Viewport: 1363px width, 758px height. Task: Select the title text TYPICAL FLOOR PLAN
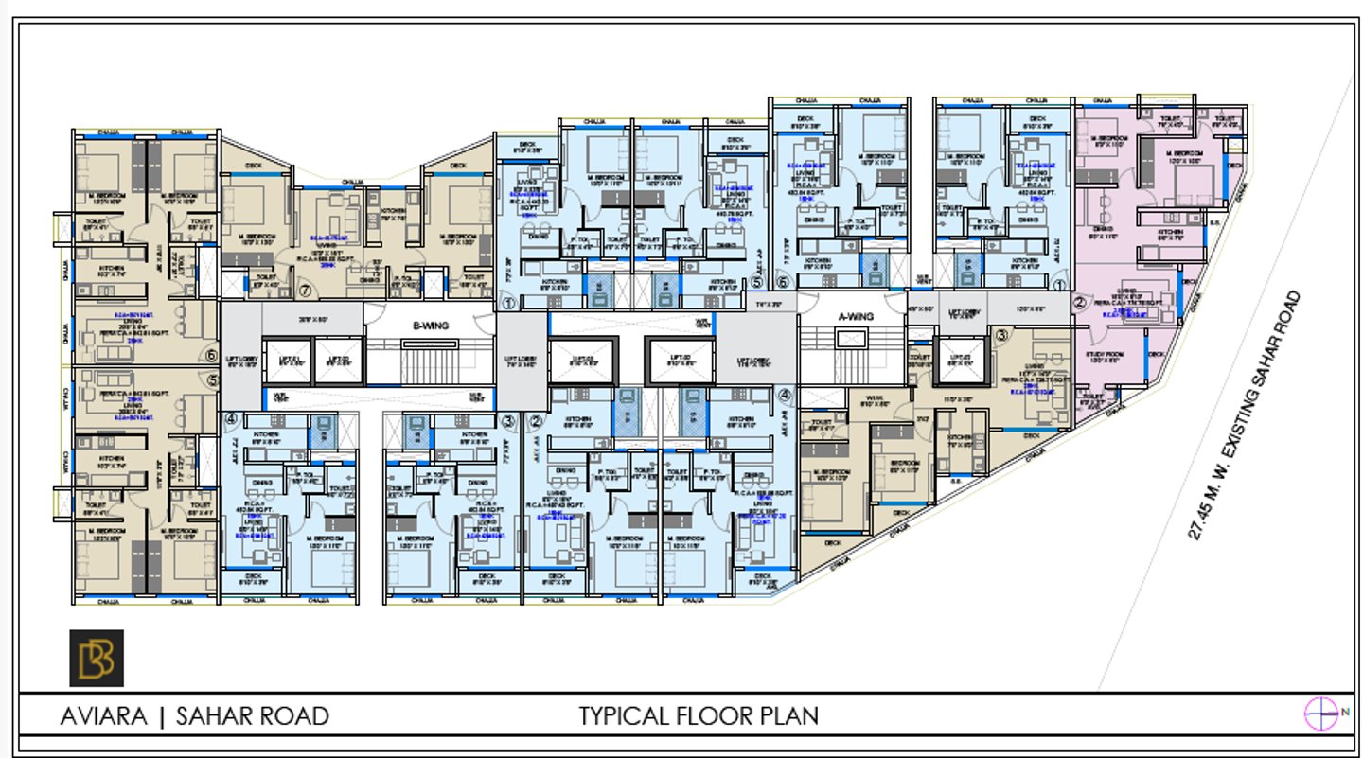pyautogui.click(x=699, y=715)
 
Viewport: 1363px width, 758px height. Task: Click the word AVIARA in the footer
pyautogui.click(x=103, y=716)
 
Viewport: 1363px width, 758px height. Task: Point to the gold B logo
pyautogui.click(x=97, y=658)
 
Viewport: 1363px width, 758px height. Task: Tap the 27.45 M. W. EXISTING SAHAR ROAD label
pyautogui.click(x=1248, y=414)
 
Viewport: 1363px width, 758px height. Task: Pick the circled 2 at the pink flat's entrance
pyautogui.click(x=1079, y=303)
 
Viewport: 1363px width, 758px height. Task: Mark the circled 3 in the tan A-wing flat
pyautogui.click(x=1001, y=334)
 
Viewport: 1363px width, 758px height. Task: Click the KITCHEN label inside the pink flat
pyautogui.click(x=1171, y=232)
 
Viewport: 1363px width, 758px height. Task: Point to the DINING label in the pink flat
pyautogui.click(x=1103, y=228)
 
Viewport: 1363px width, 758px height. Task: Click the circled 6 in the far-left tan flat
pyautogui.click(x=211, y=357)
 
